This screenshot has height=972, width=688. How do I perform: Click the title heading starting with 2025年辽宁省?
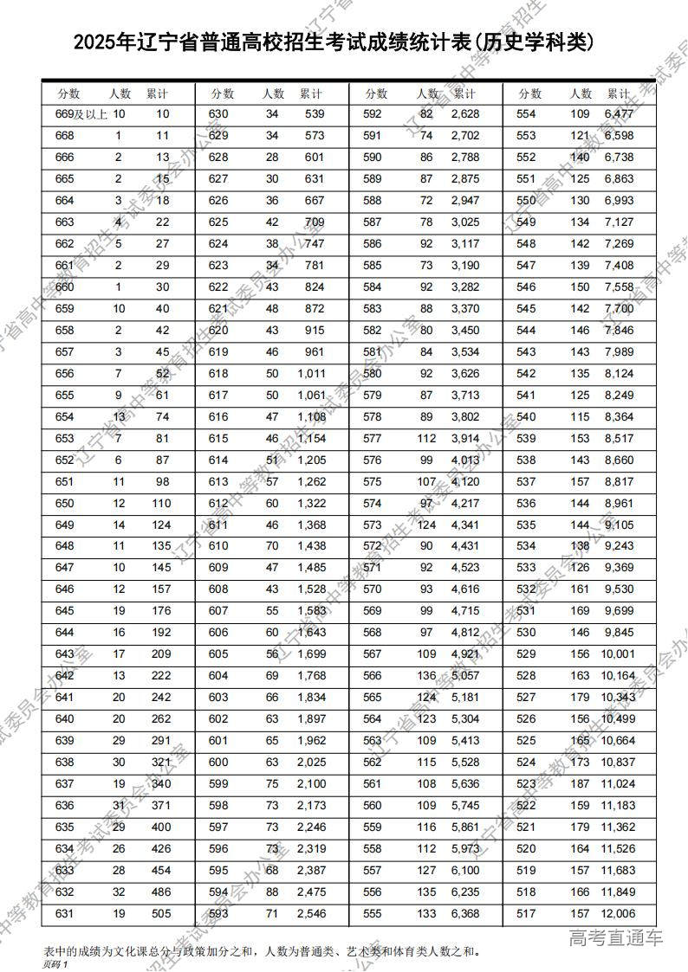tap(334, 42)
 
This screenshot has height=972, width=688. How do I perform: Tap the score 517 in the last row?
tap(526, 914)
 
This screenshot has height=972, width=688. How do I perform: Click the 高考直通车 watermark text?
tap(615, 937)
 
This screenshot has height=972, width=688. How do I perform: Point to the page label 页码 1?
tap(54, 963)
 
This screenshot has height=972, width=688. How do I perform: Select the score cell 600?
tap(218, 763)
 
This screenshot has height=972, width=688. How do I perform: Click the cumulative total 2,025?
tap(309, 763)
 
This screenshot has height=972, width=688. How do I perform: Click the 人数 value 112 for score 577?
tap(423, 438)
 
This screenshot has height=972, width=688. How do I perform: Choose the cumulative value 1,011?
tap(309, 373)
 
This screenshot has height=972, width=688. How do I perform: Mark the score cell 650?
tap(65, 503)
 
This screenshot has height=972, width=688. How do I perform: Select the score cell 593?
tap(218, 914)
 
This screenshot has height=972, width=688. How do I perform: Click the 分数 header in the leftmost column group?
tap(68, 93)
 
